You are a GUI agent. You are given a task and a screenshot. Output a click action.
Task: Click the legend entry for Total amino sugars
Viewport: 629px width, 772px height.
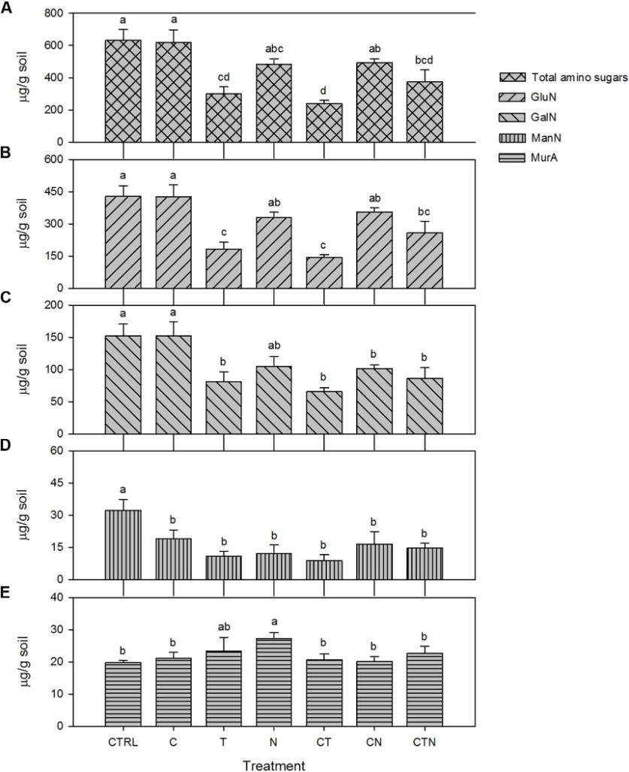[564, 77]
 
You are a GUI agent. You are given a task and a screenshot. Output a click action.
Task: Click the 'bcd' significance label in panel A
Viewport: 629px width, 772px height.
[425, 59]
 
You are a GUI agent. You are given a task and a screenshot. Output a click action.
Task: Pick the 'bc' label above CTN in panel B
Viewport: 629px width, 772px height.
[425, 211]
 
